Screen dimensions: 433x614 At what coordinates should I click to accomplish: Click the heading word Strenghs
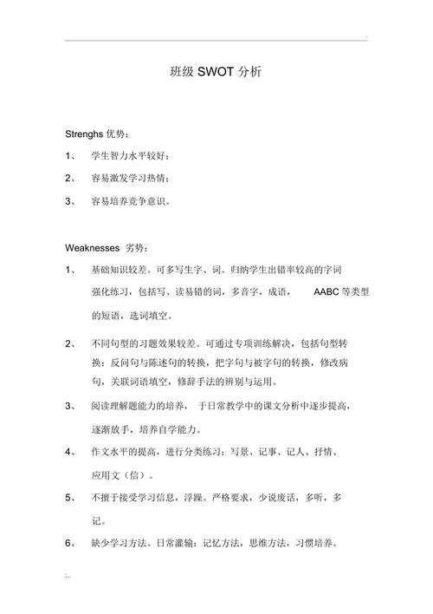[84, 134]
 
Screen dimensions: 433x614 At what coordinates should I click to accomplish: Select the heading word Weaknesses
[93, 247]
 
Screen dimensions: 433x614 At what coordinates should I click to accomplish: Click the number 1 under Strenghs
[69, 156]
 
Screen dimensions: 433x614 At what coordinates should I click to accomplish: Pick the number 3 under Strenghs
[69, 200]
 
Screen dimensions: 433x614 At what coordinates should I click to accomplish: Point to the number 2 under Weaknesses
[69, 343]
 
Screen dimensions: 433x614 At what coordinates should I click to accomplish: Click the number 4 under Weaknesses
[69, 452]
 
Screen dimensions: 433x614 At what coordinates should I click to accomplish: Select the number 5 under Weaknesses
[69, 498]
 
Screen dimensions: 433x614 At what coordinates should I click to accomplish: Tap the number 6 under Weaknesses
[69, 543]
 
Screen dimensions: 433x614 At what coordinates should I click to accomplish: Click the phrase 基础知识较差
[116, 270]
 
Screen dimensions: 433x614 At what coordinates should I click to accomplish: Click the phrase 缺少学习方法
[116, 543]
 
